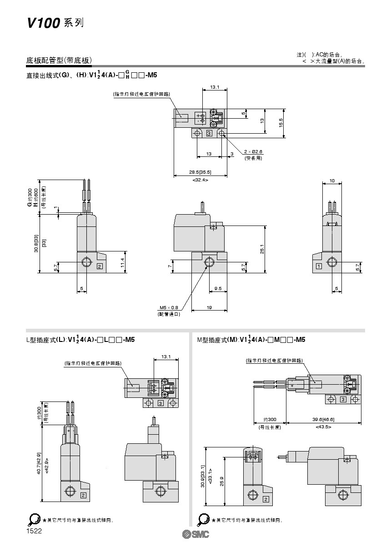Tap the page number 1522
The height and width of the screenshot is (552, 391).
tap(34, 531)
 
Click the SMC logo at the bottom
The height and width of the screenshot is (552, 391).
tap(195, 534)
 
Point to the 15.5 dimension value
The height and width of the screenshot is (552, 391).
tap(281, 122)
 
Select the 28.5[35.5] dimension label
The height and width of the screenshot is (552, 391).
tap(200, 172)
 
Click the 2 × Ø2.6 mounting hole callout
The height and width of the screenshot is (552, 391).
tap(253, 152)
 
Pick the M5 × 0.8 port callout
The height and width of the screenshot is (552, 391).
tap(169, 307)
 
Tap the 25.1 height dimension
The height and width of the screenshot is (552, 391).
tap(262, 249)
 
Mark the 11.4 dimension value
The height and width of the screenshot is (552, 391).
tap(122, 262)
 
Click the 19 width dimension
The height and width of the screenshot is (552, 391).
tap(209, 308)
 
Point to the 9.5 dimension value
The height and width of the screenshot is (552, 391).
tap(218, 288)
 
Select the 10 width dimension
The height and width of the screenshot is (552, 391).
tap(332, 181)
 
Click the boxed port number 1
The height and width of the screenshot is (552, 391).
tap(319, 266)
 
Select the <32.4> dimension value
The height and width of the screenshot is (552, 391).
tap(200, 180)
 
